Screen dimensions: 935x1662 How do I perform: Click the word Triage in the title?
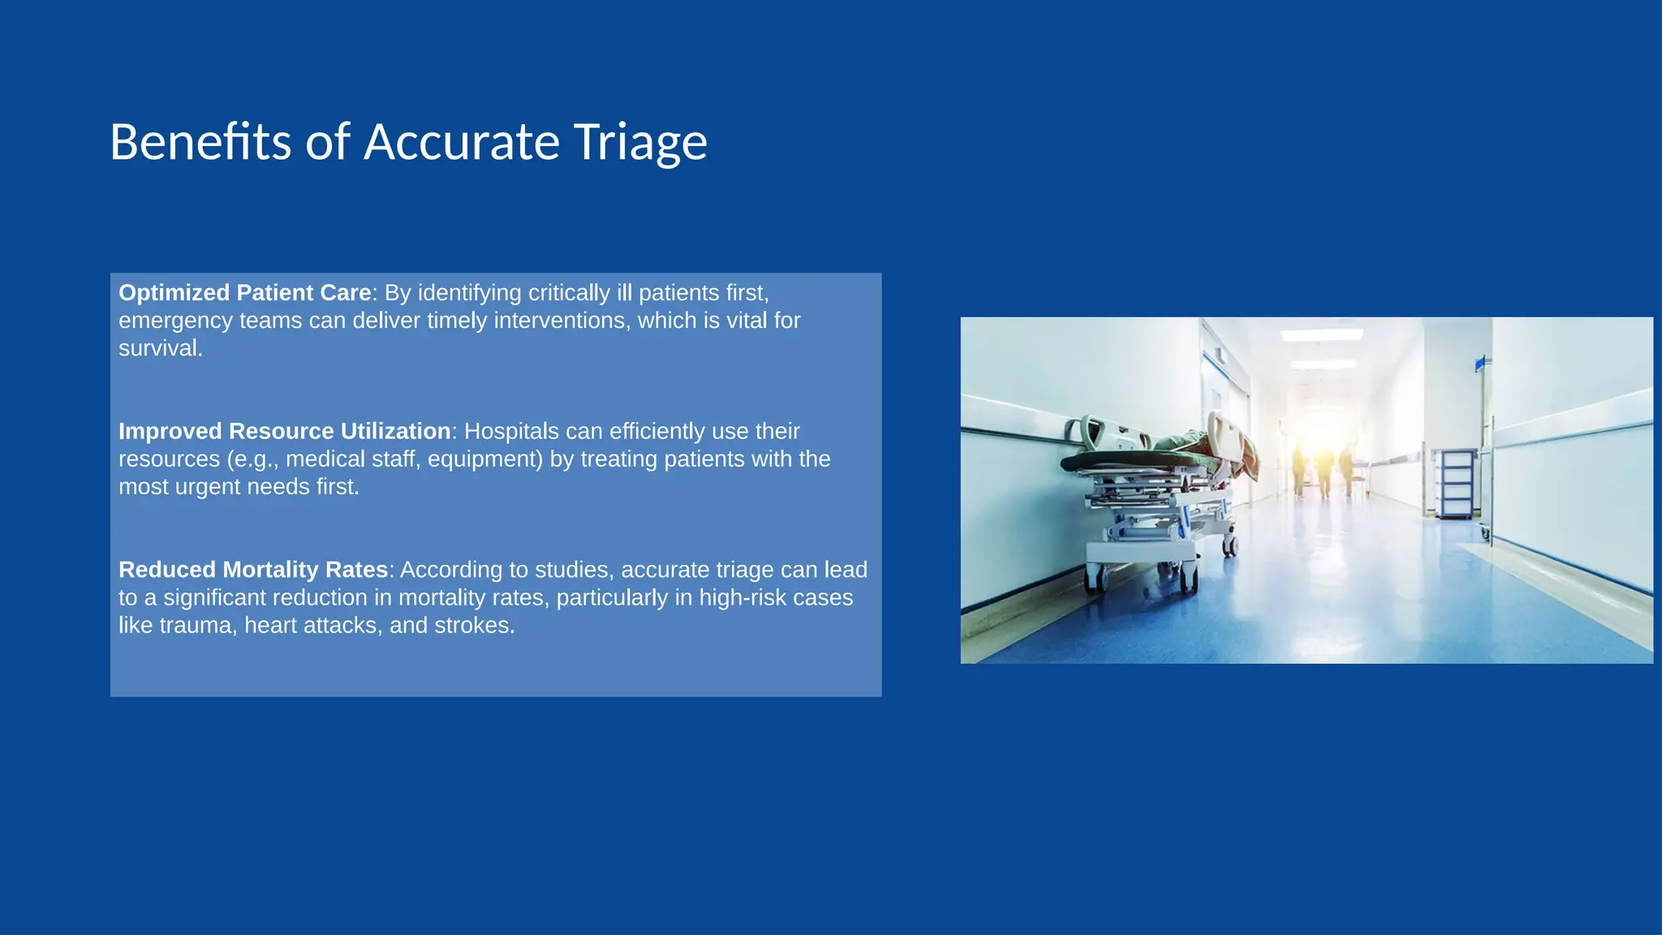click(640, 143)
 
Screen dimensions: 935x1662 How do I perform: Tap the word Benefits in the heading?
click(200, 143)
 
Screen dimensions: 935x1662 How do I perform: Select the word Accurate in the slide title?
click(462, 143)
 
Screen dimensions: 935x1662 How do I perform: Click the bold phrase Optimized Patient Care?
click(244, 293)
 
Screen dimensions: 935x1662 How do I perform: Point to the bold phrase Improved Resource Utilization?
click(284, 431)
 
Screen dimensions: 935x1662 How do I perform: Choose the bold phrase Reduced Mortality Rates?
click(253, 570)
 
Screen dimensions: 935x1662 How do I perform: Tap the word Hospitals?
click(511, 431)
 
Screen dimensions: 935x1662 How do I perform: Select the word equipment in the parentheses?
click(484, 459)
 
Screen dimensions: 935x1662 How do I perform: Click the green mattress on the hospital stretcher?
click(1136, 461)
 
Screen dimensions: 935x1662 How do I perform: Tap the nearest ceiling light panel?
click(1321, 334)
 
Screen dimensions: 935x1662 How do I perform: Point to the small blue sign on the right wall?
click(1479, 364)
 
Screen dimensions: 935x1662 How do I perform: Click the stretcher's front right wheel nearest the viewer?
click(1189, 579)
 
